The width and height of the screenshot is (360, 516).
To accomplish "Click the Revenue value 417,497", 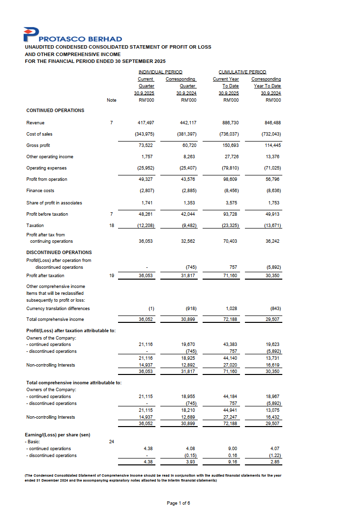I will tap(147, 123).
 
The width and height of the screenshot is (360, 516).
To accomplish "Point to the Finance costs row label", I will tap(40, 191).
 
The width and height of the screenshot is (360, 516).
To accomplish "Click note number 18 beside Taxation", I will tap(112, 226).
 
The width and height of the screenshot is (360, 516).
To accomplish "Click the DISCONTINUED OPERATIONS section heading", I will tap(59, 253).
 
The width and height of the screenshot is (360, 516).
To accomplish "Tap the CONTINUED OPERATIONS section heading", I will tap(55, 111).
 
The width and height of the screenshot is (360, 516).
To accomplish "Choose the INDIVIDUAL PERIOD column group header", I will tap(160, 72).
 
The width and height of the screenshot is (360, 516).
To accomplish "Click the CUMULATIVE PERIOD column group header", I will tap(242, 72).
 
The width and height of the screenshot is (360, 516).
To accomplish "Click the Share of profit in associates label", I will tap(54, 203).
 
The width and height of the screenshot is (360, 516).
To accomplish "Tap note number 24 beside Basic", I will tap(112, 442).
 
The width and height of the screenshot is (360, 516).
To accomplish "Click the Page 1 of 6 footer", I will tap(179, 503).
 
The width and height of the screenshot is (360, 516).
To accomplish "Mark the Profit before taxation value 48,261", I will tap(147, 214).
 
